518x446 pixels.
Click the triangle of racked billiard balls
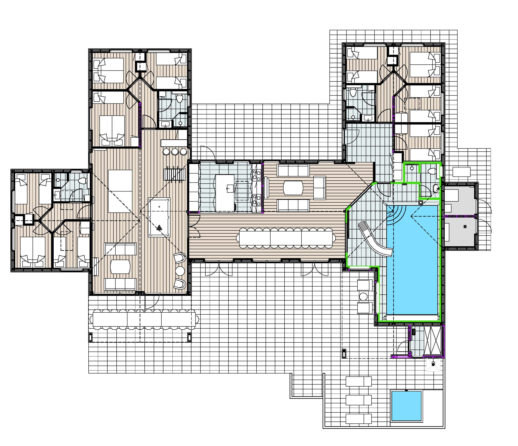pyautogui.click(x=159, y=228)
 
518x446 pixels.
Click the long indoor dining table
pyautogui.click(x=286, y=238)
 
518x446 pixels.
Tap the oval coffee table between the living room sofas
pyautogui.click(x=293, y=188)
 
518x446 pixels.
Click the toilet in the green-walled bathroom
pyautogui.click(x=432, y=171)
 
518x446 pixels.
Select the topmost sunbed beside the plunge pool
pyautogui.click(x=359, y=382)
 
